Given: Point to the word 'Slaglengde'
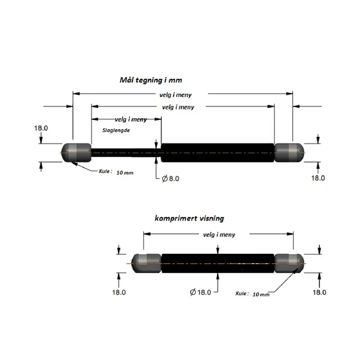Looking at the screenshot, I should coord(116,130).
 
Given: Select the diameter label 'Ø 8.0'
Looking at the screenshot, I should coord(170,178).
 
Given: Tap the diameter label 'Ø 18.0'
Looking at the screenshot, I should coord(200,292).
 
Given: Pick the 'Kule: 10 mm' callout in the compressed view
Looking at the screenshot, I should coord(253,294).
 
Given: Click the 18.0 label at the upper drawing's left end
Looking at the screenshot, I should coord(41,128).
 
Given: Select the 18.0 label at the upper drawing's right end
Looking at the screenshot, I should coord(318,178).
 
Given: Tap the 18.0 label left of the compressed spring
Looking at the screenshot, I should coord(119,292).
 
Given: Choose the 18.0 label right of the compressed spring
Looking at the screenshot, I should coord(319,292).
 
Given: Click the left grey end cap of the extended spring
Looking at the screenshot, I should coord(76,152).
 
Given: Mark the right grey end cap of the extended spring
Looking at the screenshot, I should coord(289,152).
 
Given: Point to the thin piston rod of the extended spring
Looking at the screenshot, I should coord(126,152).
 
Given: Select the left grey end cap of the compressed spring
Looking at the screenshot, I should coord(146,263).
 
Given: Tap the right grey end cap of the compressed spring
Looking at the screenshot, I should coord(289,263).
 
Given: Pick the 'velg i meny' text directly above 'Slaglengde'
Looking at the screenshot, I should coord(130,119).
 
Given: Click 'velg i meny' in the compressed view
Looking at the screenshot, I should coord(219,235).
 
